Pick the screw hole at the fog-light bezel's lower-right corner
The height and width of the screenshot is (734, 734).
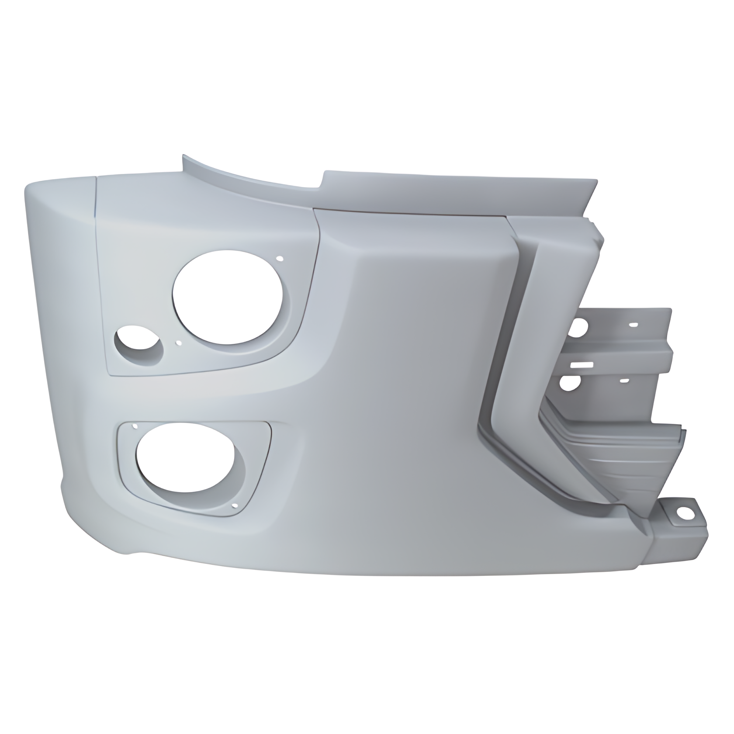[235, 507]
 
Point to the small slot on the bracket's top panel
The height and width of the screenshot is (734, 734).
[633, 325]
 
